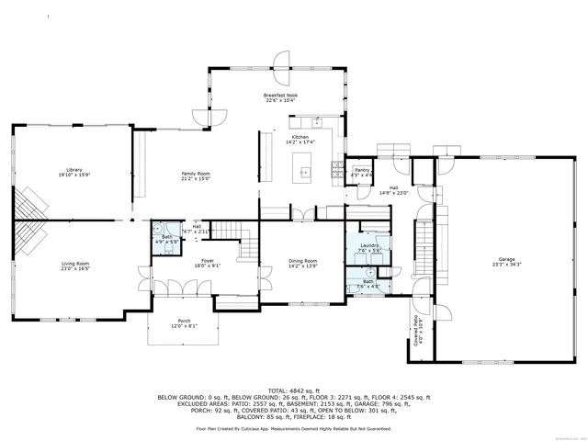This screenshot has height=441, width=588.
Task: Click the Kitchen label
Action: point(300,138)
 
